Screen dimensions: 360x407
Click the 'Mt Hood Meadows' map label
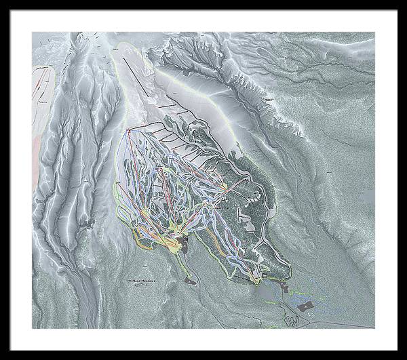(x=141, y=280)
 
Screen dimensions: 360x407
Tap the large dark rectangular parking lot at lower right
(x=305, y=306)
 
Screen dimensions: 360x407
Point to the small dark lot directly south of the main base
(x=191, y=279)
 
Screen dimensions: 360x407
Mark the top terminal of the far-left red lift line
(x=127, y=129)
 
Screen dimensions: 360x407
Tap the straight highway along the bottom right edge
(x=346, y=323)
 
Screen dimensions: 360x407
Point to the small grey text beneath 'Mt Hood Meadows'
(x=140, y=286)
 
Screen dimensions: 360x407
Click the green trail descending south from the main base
(x=185, y=268)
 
